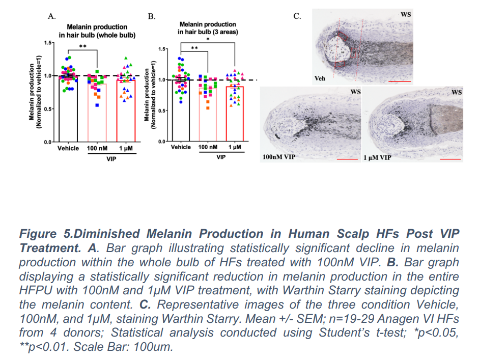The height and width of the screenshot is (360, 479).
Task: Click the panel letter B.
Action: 152,16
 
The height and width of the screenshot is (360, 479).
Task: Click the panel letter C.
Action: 297,16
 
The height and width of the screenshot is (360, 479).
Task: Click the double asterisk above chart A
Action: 81,46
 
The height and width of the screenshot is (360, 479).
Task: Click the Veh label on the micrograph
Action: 320,79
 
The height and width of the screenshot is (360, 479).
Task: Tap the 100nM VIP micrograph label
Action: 278,157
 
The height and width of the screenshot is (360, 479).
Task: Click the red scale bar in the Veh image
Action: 399,80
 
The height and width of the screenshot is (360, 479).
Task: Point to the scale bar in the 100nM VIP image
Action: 348,159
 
